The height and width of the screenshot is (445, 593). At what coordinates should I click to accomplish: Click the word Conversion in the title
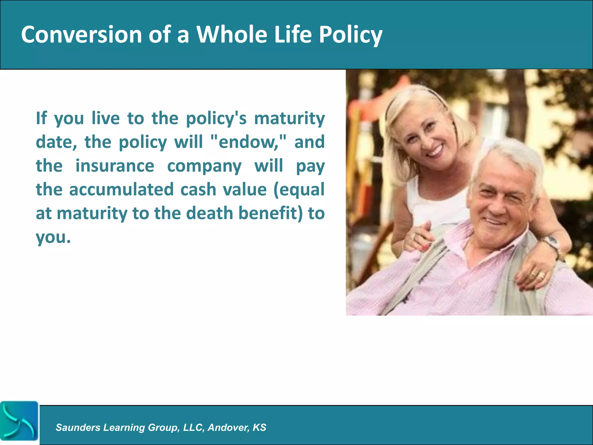pos(81,34)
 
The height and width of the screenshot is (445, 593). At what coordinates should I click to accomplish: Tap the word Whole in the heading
pos(231,34)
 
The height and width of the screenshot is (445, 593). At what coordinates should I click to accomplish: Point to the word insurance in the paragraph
pos(115,166)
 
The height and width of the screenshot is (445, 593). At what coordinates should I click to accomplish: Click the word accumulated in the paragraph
pos(121,190)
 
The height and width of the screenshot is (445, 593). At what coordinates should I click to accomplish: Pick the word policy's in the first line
pos(216,119)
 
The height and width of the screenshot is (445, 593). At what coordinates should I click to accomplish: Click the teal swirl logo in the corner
pos(19,421)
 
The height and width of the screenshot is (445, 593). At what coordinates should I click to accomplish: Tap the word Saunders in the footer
pos(78,427)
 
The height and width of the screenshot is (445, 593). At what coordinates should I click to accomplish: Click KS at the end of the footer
pos(259,427)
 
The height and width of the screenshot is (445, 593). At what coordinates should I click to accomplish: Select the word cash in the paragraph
pos(198,190)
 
